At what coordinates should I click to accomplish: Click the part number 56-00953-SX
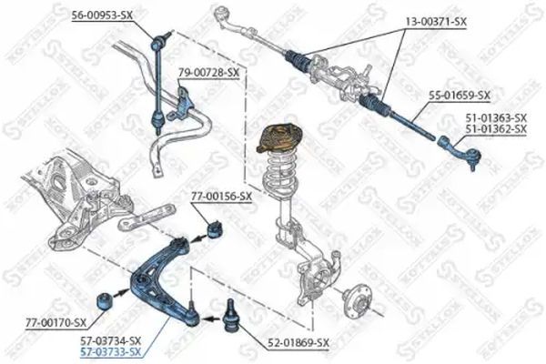(103, 15)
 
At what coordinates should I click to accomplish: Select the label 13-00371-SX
(436, 22)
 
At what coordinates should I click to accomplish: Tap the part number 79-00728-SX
(209, 73)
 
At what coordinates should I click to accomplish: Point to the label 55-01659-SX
(460, 95)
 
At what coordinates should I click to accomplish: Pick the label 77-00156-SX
(221, 197)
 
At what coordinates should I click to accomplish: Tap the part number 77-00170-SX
(56, 323)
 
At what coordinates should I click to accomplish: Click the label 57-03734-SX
(111, 340)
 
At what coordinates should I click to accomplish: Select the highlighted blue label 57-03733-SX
(111, 352)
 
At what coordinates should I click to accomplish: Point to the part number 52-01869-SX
(298, 343)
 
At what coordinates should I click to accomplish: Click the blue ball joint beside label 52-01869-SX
(229, 316)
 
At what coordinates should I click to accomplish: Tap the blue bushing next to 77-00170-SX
(104, 301)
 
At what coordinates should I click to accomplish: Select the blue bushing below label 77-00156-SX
(215, 227)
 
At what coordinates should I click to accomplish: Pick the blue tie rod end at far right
(460, 150)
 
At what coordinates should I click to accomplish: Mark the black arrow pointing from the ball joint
(211, 318)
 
